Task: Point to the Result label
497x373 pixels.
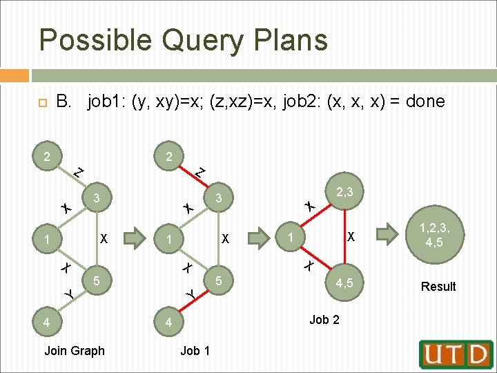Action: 438,287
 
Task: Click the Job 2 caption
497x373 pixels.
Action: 324,319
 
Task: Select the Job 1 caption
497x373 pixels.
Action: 195,351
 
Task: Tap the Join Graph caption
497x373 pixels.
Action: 75,351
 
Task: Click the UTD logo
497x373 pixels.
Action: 456,354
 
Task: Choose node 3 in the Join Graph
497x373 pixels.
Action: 98,198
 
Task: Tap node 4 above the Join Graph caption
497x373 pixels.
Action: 46,322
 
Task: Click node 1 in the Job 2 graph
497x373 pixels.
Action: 292,238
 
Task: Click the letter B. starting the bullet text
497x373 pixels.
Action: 64,102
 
